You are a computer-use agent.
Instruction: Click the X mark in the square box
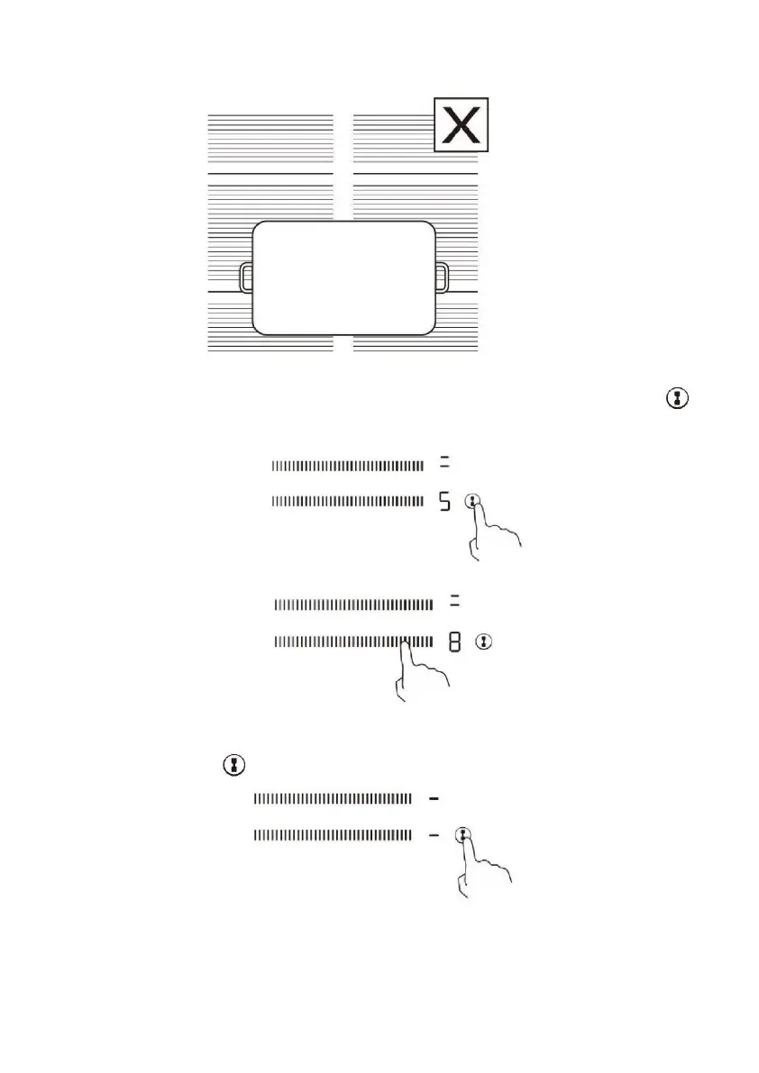click(462, 124)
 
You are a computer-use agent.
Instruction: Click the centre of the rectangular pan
click(343, 277)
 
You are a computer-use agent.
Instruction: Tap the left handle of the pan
click(246, 277)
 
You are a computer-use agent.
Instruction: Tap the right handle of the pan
click(441, 277)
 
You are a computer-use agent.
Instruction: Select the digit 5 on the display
click(444, 502)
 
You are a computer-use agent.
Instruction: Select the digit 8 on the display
click(454, 642)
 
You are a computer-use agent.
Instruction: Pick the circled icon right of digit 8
click(486, 642)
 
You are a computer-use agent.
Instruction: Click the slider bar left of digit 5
click(347, 502)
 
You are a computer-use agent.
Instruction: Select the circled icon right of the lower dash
click(463, 835)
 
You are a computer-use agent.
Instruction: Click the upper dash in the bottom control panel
click(434, 798)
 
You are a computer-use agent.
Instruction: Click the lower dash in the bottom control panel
click(434, 836)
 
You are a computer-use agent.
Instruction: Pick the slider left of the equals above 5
click(347, 465)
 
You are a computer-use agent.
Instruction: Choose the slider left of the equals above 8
click(353, 605)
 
